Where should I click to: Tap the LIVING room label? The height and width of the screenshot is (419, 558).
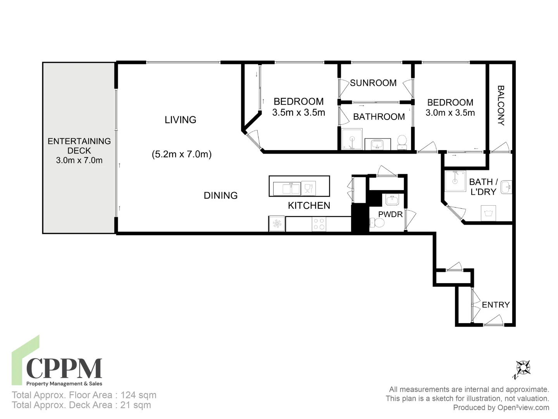180,120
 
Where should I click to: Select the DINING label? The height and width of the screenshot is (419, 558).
220,196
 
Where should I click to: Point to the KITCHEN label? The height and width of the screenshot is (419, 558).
309,206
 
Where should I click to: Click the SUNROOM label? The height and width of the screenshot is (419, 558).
373,83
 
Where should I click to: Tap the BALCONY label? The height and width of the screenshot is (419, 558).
501,106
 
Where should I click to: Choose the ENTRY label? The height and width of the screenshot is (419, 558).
496,305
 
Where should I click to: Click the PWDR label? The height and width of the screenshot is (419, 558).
390,214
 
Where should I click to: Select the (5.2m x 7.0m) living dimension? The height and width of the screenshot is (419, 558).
181,154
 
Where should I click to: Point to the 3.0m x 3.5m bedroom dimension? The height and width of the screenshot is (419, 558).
450,113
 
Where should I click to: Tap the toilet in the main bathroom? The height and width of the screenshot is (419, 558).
402,142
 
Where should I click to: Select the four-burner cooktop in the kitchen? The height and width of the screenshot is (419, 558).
319,224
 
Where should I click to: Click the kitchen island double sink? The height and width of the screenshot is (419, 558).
286,189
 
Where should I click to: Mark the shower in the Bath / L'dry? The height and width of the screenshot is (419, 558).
455,181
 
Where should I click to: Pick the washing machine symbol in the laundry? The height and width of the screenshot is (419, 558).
488,213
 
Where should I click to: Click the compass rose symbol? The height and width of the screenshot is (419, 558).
523,368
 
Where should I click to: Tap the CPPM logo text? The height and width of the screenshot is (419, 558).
64,369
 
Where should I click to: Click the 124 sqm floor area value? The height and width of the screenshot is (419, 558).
138,395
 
